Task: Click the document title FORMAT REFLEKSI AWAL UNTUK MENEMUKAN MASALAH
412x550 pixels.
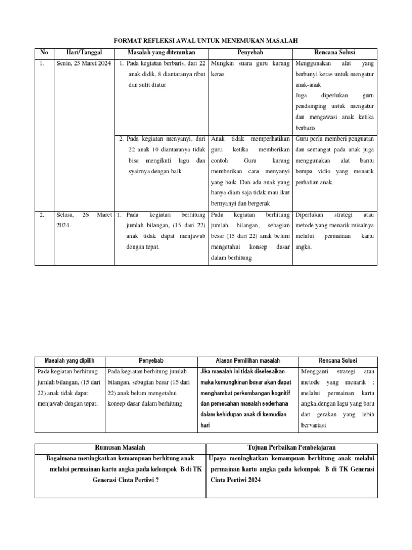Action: [207, 40]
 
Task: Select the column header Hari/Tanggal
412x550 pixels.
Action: [83, 52]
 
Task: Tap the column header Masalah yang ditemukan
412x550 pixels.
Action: [161, 52]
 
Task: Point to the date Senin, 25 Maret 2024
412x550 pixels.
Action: [83, 64]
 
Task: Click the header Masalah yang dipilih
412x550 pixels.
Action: [69, 360]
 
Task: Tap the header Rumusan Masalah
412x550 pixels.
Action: [120, 447]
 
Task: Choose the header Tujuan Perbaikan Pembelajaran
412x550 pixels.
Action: [292, 447]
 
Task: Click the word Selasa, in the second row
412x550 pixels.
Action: [65, 214]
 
